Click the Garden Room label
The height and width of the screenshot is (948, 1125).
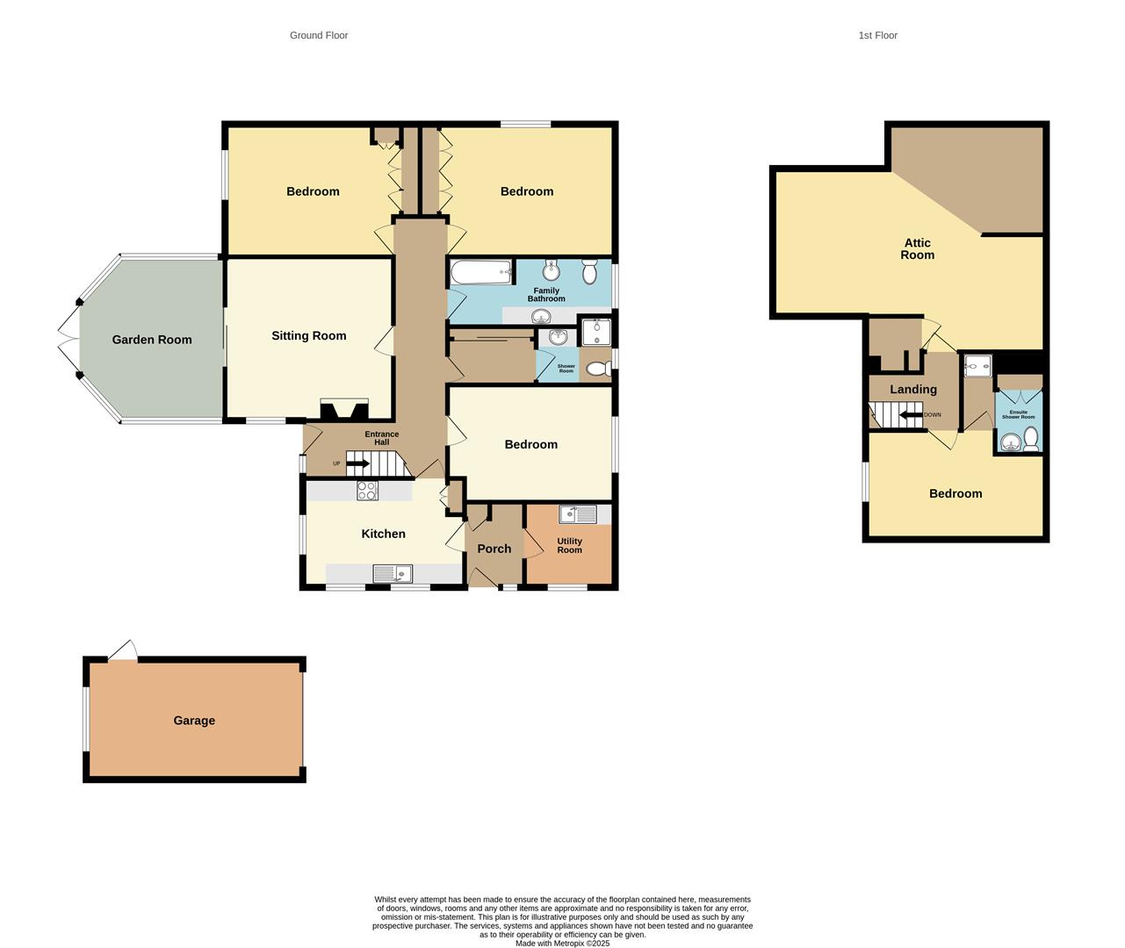pyautogui.click(x=152, y=340)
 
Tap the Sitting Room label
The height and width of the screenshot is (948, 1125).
pyautogui.click(x=308, y=335)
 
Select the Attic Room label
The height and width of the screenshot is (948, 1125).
pyautogui.click(x=918, y=249)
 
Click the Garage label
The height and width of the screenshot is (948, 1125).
pyautogui.click(x=194, y=721)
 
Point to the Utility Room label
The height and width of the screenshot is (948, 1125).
pyautogui.click(x=569, y=546)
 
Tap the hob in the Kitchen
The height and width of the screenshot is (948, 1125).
pyautogui.click(x=367, y=492)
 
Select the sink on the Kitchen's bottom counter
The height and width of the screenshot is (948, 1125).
pyautogui.click(x=393, y=574)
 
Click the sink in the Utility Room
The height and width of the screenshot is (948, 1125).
pyautogui.click(x=577, y=513)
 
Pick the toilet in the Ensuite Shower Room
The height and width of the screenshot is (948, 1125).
pyautogui.click(x=1031, y=437)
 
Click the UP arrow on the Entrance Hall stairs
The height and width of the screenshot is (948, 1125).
pyautogui.click(x=357, y=463)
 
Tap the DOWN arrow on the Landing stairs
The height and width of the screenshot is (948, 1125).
pyautogui.click(x=910, y=415)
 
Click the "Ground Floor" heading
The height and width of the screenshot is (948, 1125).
pyautogui.click(x=319, y=35)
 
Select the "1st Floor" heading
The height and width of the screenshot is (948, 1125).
pyautogui.click(x=878, y=35)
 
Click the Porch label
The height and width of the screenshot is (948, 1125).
pyautogui.click(x=494, y=549)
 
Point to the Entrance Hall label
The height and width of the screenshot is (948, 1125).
pyautogui.click(x=382, y=438)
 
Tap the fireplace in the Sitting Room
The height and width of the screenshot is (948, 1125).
pyautogui.click(x=344, y=410)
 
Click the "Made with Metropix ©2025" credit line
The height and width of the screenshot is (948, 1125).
pyautogui.click(x=562, y=944)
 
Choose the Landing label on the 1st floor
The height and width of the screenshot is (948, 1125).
pyautogui.click(x=913, y=390)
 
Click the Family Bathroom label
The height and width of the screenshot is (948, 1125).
pyautogui.click(x=546, y=295)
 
